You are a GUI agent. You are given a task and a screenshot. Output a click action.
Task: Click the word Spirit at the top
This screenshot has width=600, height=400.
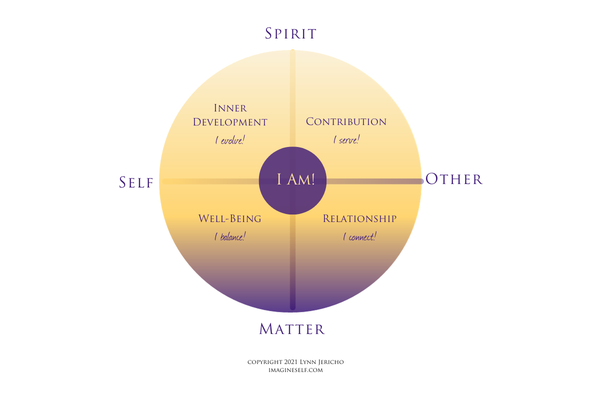pos(291,33)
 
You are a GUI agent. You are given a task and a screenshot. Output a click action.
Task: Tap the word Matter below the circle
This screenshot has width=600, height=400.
pos(291,328)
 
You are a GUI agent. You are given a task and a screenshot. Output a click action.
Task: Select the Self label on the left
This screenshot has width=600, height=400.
pos(136,182)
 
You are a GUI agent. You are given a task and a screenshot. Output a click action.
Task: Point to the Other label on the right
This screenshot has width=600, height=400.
pos(454,180)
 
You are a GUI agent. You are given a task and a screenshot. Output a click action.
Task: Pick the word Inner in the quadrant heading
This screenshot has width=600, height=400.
pos(232,108)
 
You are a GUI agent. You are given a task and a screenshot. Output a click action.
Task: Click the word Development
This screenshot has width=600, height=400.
pos(233,122)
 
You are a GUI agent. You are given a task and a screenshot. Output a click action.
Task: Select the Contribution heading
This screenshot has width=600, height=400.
pos(345,122)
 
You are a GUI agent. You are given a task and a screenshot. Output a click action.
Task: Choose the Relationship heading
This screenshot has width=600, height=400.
pos(359,218)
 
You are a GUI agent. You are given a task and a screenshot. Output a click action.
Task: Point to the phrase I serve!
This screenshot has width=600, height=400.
pos(346,140)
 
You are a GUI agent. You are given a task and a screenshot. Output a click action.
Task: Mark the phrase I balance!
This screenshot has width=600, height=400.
pos(229,237)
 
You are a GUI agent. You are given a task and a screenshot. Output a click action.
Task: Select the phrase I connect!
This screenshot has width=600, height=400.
pos(360,237)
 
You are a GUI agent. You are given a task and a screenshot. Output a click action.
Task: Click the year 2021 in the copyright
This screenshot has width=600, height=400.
pos(286,361)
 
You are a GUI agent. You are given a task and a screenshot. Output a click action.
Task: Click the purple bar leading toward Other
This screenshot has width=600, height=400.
pos(375,181)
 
